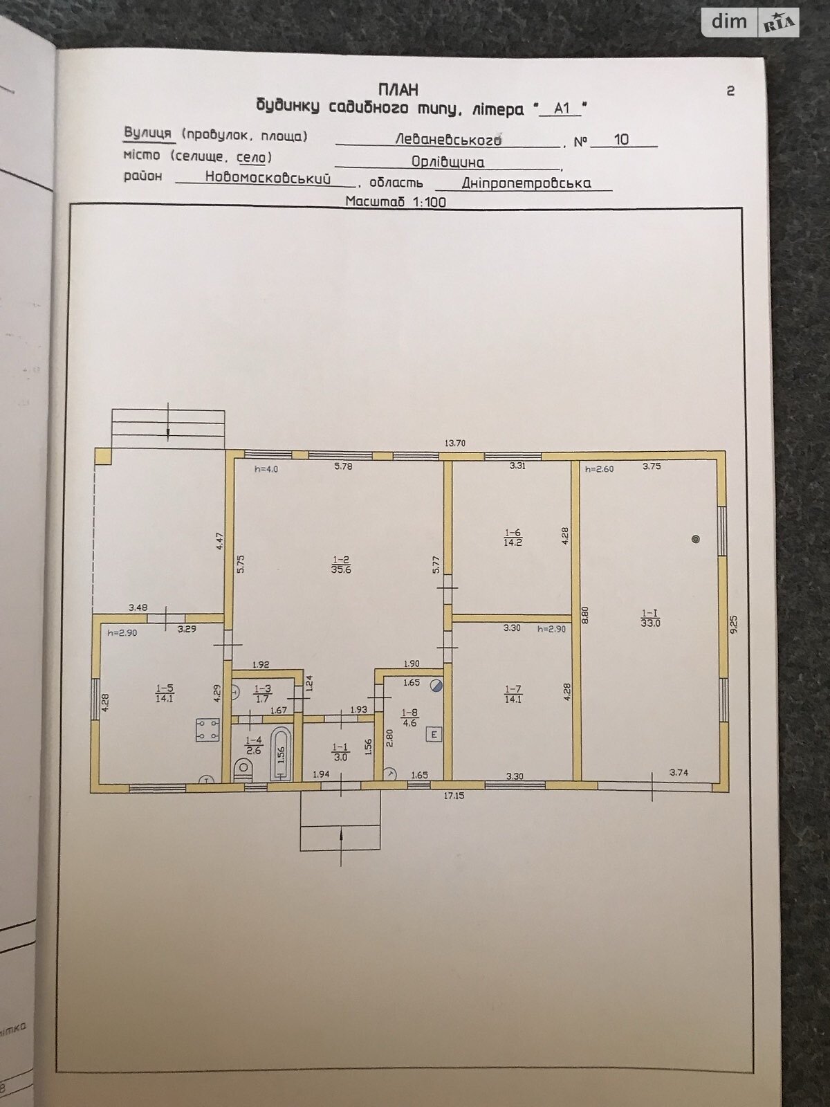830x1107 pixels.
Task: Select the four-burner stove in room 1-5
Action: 207,731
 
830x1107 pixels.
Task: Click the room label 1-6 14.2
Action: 513,538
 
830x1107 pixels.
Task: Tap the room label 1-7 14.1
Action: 513,694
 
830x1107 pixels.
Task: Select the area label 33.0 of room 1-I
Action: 651,623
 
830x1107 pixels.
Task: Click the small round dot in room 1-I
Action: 695,539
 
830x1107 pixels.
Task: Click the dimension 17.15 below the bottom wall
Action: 454,796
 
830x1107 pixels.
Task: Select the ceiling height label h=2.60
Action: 599,468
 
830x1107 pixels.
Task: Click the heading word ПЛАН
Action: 399,90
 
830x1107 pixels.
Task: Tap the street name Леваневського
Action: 448,140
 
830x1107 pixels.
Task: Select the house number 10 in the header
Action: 621,139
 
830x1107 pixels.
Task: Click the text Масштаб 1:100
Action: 396,202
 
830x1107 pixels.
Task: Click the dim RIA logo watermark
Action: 751,22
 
